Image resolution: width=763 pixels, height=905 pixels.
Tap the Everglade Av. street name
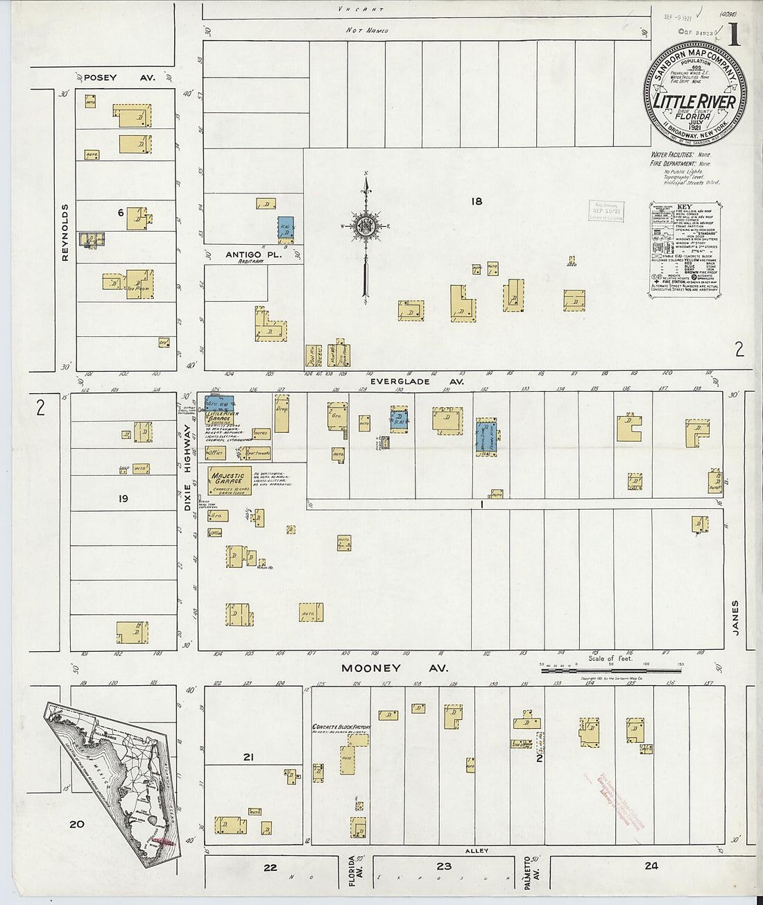pyautogui.click(x=400, y=381)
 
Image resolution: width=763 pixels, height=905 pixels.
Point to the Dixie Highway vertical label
pyautogui.click(x=187, y=469)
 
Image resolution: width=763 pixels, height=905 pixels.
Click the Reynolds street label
pyautogui.click(x=65, y=232)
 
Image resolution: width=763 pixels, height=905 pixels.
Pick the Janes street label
pyautogui.click(x=735, y=617)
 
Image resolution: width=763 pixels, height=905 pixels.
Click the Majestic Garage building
pyautogui.click(x=230, y=480)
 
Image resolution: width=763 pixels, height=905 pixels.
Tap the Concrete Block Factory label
pyautogui.click(x=341, y=727)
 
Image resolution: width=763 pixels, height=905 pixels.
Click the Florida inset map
pyautogui.click(x=111, y=784)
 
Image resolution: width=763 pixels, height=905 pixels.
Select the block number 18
pyautogui.click(x=476, y=201)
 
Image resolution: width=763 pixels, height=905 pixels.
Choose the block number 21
pyautogui.click(x=248, y=757)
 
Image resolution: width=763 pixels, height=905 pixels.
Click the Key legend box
pyautogui.click(x=683, y=250)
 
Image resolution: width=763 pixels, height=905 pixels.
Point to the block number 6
pyautogui.click(x=120, y=213)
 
